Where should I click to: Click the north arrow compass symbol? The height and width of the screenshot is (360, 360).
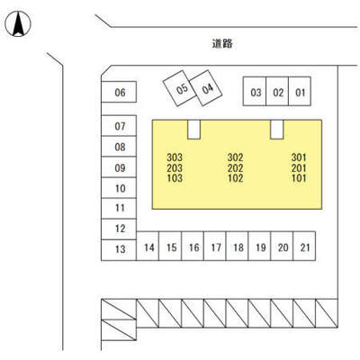pyautogui.click(x=18, y=23)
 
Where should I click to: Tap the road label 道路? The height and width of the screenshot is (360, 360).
pyautogui.click(x=222, y=44)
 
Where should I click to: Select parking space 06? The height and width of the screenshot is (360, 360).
pyautogui.click(x=119, y=92)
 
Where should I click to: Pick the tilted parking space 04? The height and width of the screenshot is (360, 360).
pyautogui.click(x=206, y=88)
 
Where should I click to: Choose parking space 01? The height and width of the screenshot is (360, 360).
pyautogui.click(x=300, y=92)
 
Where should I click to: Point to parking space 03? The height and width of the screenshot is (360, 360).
pyautogui.click(x=255, y=92)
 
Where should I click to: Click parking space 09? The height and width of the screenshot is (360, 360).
pyautogui.click(x=119, y=167)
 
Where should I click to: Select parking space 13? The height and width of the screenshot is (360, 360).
pyautogui.click(x=119, y=250)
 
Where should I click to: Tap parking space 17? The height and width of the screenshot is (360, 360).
pyautogui.click(x=215, y=246)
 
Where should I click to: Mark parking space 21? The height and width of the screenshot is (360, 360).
pyautogui.click(x=304, y=246)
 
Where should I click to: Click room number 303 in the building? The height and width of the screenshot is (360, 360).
pyautogui.click(x=175, y=157)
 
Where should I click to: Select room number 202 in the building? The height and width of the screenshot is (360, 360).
pyautogui.click(x=235, y=167)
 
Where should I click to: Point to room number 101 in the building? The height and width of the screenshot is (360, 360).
pyautogui.click(x=299, y=178)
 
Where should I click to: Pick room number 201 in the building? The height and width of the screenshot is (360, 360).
pyautogui.click(x=299, y=167)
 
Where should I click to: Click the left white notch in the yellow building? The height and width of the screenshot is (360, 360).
pyautogui.click(x=193, y=130)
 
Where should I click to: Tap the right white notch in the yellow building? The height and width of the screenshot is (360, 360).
pyautogui.click(x=277, y=130)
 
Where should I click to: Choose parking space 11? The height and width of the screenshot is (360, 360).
pyautogui.click(x=119, y=209)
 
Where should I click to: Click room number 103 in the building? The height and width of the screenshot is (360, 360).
pyautogui.click(x=175, y=178)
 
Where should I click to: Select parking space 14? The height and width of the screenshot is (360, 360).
pyautogui.click(x=148, y=246)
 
